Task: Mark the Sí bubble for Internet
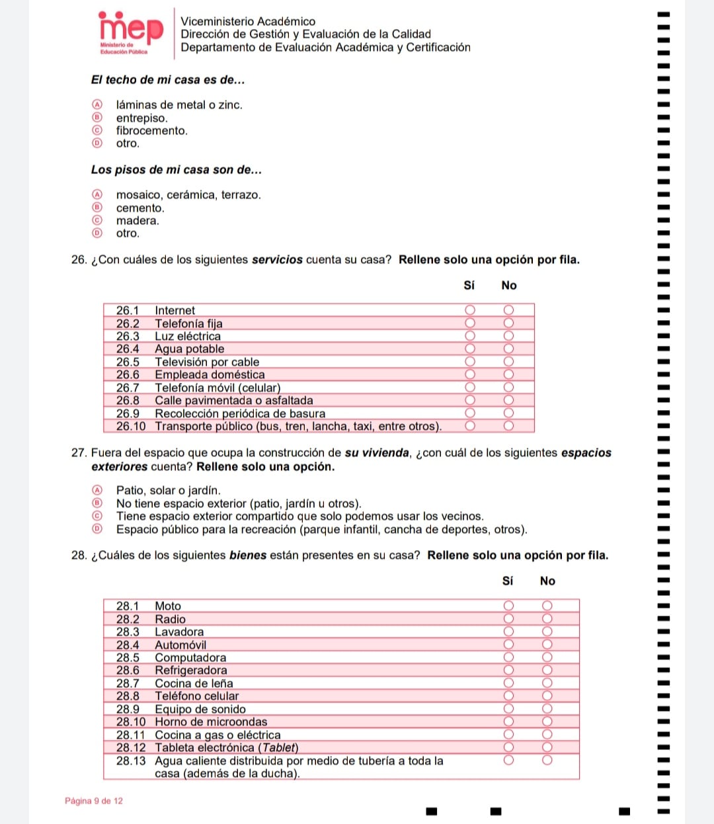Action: tap(470, 310)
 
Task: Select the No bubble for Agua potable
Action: tap(508, 349)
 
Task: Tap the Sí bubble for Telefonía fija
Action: tap(470, 323)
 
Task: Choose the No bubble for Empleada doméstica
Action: tap(508, 374)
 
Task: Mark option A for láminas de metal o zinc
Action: tap(97, 104)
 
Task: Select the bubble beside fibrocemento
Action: tap(97, 130)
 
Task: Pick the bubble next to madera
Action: tap(97, 220)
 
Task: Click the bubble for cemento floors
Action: tap(97, 208)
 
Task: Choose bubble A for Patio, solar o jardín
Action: tap(97, 490)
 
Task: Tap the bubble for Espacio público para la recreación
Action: tap(97, 529)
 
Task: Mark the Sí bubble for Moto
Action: tap(508, 606)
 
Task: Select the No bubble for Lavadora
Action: tap(547, 632)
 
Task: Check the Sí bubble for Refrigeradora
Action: tap(508, 670)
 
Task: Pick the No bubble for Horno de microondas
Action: tap(547, 721)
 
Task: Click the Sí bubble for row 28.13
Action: tap(508, 761)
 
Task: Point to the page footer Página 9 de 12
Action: tap(94, 801)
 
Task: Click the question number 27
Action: tap(79, 453)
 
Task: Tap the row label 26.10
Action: tap(130, 427)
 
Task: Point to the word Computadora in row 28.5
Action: tap(190, 657)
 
